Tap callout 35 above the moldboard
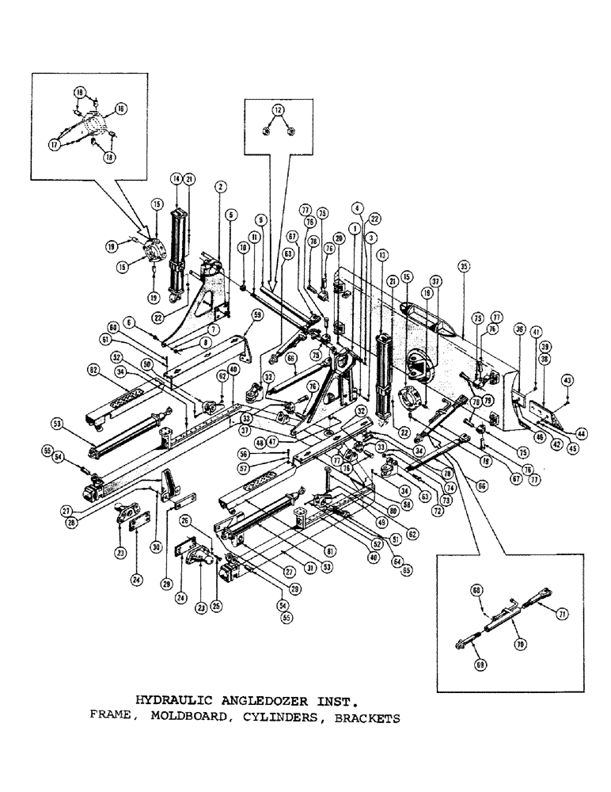click(464, 266)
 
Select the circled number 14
click(176, 180)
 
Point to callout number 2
click(221, 186)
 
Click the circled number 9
click(259, 219)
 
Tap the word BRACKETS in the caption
click(362, 719)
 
